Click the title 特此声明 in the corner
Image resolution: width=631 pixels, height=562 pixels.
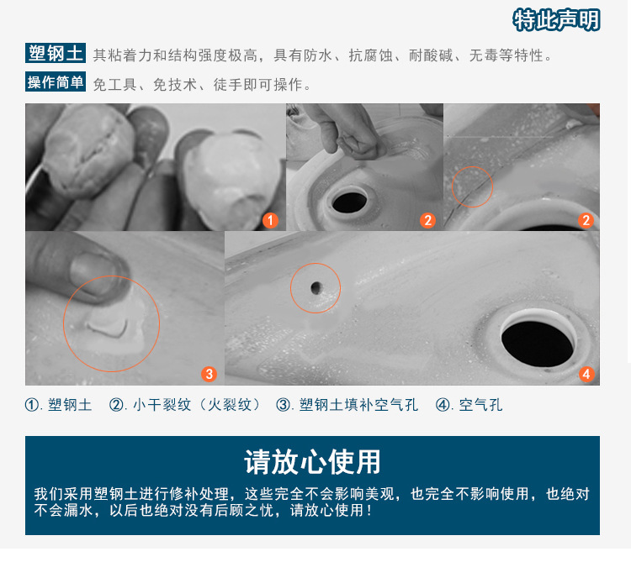[556, 19]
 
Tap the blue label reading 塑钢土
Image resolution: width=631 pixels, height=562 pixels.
[56, 53]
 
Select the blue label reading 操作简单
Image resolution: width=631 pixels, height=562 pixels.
[56, 82]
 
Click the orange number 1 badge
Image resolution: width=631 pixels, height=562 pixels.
[270, 220]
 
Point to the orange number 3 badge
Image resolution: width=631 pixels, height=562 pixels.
[209, 374]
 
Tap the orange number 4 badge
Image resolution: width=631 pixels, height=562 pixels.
[586, 374]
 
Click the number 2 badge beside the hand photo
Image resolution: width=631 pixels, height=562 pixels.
[427, 220]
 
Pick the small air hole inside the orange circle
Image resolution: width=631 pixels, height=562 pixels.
[315, 287]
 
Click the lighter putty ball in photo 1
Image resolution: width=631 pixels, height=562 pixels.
[231, 176]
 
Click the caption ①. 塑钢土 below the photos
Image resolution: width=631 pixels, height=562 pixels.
[58, 405]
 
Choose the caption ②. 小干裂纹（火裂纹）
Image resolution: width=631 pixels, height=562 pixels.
[184, 405]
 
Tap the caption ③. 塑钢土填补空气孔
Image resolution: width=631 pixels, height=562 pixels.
[347, 405]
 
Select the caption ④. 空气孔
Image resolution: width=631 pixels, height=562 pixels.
[469, 405]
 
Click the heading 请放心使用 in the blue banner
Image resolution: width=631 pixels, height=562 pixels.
[312, 462]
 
